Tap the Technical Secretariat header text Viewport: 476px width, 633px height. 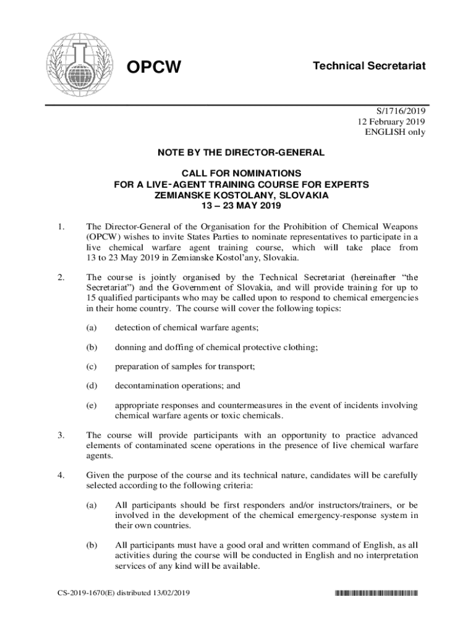point(369,66)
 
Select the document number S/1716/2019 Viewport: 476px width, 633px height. point(401,111)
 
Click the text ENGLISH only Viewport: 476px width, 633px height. point(396,132)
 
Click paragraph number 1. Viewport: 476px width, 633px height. point(60,227)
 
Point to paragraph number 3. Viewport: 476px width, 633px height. point(60,435)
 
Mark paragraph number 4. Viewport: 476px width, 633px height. point(60,475)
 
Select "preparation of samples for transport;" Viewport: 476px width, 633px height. point(185,367)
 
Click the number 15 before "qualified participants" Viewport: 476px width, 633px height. point(91,297)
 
